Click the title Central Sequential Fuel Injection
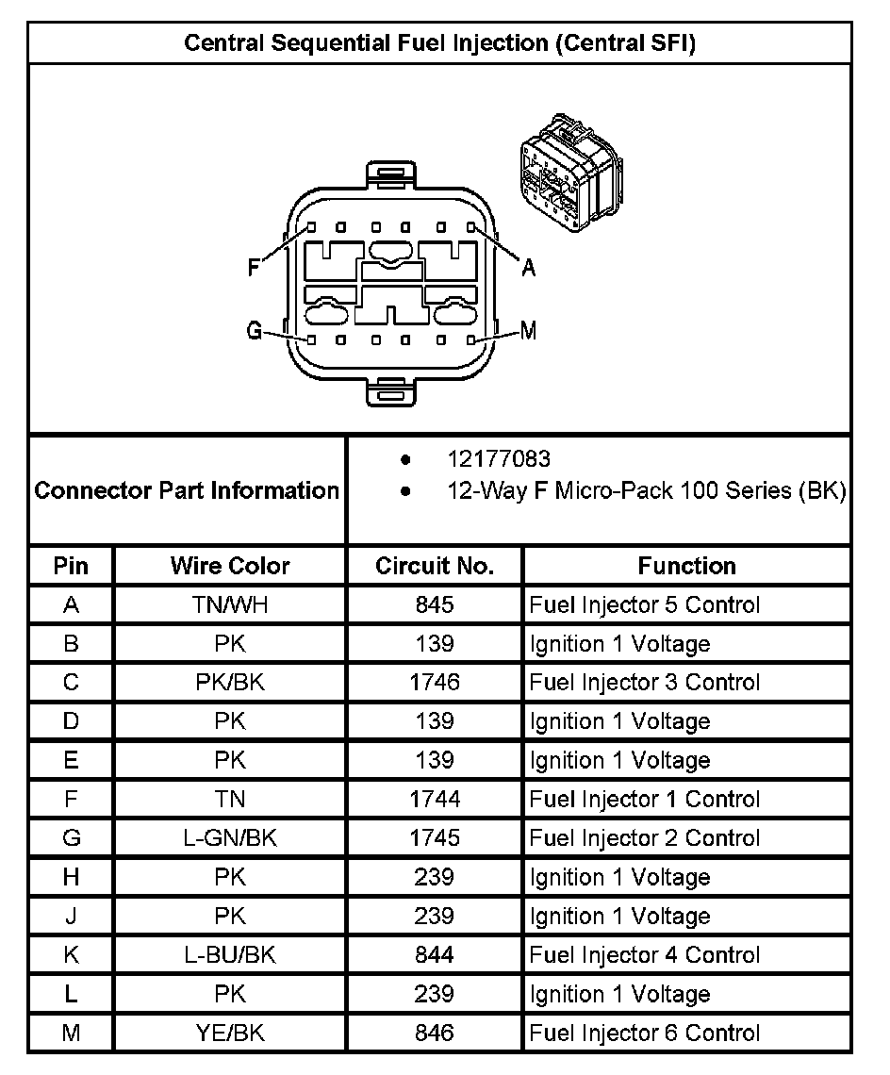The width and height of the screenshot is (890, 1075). tap(439, 43)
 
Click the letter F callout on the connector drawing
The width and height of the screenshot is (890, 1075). tap(254, 268)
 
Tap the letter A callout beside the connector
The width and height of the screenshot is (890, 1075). tap(529, 268)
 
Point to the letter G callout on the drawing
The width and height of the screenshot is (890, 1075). tap(254, 331)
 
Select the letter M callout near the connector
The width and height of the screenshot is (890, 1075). tap(528, 331)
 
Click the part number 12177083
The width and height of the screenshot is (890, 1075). tap(499, 459)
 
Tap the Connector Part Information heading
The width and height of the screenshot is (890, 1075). tap(187, 490)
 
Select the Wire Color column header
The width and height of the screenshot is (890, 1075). tap(230, 566)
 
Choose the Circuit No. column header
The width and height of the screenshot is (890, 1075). tap(435, 566)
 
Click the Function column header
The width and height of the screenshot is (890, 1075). tap(686, 566)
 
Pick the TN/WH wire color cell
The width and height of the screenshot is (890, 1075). tap(230, 605)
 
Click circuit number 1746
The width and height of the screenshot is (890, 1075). tap(435, 683)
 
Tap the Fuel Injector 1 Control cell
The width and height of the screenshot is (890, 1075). tap(644, 800)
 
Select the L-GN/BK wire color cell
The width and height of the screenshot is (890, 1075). tap(230, 838)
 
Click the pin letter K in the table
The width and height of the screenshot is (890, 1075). tap(71, 955)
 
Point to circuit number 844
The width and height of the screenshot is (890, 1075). tap(435, 955)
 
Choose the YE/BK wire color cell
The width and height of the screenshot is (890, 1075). tap(230, 1034)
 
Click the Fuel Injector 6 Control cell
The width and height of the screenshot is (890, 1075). tap(644, 1034)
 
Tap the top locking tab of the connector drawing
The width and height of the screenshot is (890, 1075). tap(390, 173)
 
